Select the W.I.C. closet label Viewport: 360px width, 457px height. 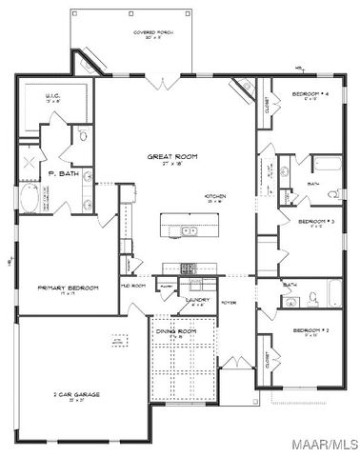click(52, 97)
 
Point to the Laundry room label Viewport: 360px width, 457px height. click(197, 300)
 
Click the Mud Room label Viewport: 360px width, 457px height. click(132, 285)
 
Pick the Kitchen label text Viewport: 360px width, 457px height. click(215, 197)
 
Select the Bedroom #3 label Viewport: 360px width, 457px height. click(313, 222)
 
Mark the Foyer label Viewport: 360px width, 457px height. click(229, 304)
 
